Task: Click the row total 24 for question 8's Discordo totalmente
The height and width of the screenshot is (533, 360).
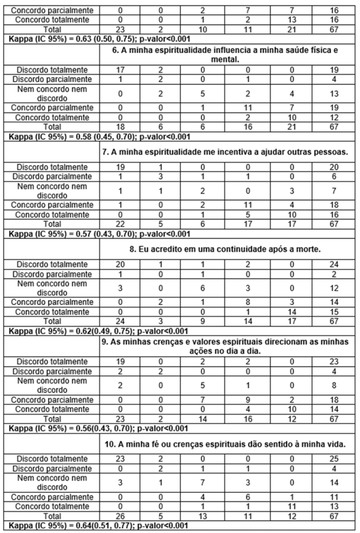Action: coord(334,263)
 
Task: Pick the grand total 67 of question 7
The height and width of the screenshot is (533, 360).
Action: coord(334,223)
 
